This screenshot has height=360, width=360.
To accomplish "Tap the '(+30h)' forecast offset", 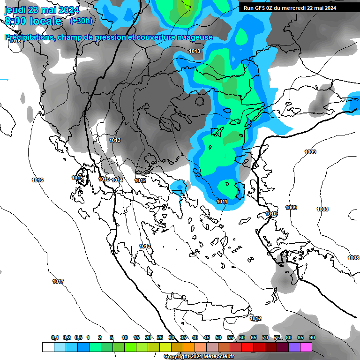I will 81,21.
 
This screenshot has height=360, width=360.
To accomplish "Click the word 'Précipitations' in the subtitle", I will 29,37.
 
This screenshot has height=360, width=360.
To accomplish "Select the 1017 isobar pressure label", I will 58,281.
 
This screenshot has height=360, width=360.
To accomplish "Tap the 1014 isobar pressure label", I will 117,180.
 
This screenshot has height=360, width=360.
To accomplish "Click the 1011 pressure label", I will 222,202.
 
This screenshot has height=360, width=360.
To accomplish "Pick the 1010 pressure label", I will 271,214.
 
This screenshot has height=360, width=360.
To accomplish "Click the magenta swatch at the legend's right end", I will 306,347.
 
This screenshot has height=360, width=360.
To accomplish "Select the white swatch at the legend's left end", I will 48,347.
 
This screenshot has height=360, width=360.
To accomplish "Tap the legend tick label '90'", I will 312,337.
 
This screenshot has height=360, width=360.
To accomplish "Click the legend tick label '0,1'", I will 55,337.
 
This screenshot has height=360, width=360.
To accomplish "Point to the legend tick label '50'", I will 218,337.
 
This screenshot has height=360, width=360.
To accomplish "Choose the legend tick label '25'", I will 160,337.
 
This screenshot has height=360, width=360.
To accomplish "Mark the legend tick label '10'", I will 125,337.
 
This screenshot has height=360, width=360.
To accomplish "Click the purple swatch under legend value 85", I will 294,347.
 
